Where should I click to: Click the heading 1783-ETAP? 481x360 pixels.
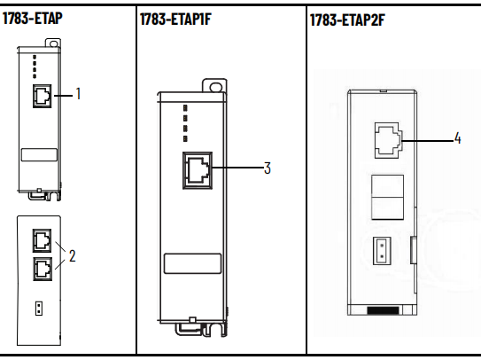coord(33,18)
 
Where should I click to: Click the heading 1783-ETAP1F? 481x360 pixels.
coord(175,19)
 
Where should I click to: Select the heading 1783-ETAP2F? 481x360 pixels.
coord(347,20)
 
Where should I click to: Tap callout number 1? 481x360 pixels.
coord(78,94)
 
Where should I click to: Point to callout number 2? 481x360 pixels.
coord(72,255)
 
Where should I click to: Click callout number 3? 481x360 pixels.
coord(268,168)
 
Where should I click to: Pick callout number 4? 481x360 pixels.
coord(457,138)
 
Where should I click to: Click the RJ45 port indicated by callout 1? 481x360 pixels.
coord(42,96)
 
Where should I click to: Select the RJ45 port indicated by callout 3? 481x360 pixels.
coord(198,170)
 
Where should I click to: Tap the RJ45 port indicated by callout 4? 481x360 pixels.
coord(388,140)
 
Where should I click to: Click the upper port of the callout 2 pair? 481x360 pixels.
coord(42,240)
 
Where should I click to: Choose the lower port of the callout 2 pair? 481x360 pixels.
coord(43,269)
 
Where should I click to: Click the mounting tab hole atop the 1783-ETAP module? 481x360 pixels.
coord(54,43)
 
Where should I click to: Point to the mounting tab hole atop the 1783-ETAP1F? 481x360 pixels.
coord(216,87)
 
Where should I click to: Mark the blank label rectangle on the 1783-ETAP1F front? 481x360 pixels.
coord(192,263)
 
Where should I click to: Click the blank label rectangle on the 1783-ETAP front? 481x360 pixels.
coord(39,155)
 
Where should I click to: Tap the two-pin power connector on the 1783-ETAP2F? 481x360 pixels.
coord(382,251)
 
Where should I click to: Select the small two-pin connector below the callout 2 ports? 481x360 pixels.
coord(39,309)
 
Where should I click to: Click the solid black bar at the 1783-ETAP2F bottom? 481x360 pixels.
coord(384,310)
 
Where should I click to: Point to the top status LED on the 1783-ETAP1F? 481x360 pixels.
coord(185,108)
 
